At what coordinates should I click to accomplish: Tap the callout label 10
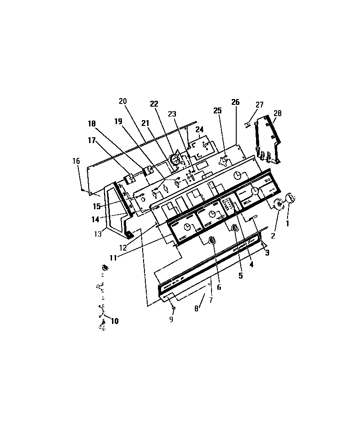point(114,321)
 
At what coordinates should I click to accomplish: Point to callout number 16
point(76,161)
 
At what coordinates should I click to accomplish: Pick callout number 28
point(277,113)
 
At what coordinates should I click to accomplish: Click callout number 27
point(260,104)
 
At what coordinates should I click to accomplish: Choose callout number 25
point(218,110)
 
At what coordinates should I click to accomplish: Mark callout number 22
point(154,104)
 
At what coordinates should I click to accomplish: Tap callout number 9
point(171,320)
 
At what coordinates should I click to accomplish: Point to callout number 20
point(123,101)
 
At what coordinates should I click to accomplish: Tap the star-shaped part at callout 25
point(223,162)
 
